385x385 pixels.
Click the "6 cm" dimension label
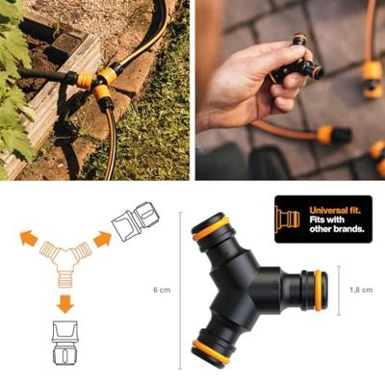pyautogui.click(x=161, y=290)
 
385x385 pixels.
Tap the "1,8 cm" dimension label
pyautogui.click(x=362, y=289)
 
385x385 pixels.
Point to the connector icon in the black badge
pyautogui.click(x=289, y=219)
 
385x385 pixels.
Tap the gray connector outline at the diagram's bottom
pyautogui.click(x=64, y=346)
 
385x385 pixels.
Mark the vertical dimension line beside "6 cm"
pyautogui.click(x=179, y=290)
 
